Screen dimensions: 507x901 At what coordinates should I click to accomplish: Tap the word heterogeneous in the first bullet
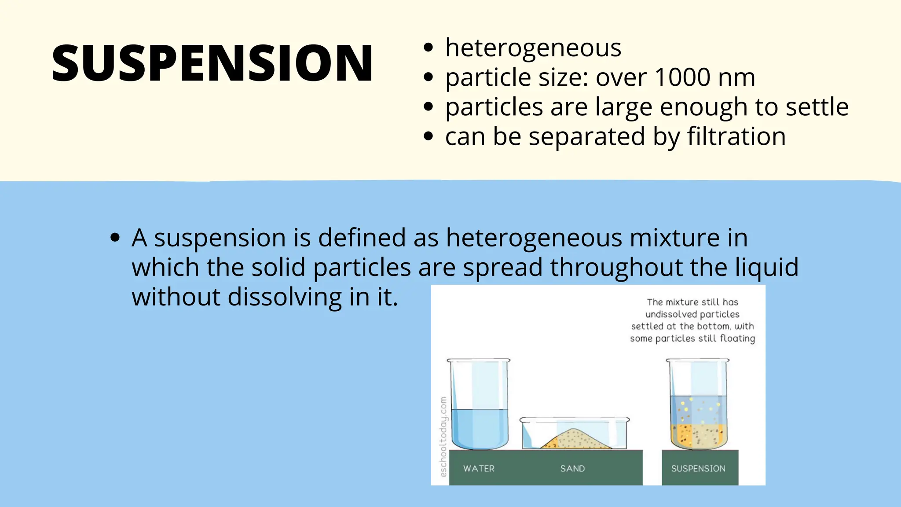click(x=533, y=48)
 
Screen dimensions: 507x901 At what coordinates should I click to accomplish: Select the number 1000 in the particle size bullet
click(x=682, y=77)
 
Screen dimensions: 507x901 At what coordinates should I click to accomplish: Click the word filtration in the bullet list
click(x=736, y=136)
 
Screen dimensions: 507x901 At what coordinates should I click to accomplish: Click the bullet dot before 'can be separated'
click(x=428, y=136)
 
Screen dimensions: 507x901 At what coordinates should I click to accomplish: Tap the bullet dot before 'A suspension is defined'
click(x=115, y=238)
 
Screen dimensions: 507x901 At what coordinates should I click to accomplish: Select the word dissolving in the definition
click(x=285, y=297)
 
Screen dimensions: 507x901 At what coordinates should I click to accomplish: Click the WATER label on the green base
click(x=479, y=469)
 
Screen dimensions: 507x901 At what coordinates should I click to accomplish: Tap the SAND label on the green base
click(x=572, y=469)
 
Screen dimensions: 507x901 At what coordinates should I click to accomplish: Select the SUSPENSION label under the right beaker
click(x=698, y=469)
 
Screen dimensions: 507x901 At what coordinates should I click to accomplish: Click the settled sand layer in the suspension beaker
click(x=699, y=435)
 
